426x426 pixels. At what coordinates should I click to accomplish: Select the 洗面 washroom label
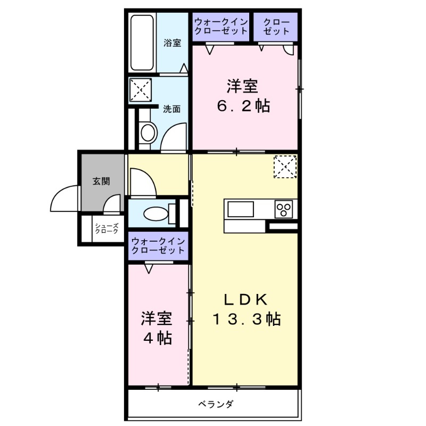point(171,109)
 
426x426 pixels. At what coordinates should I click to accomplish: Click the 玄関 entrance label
point(101,181)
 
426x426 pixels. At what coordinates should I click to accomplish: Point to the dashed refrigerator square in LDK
point(284,167)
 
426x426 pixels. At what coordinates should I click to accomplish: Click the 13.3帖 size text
point(247,319)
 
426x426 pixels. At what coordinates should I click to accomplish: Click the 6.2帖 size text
point(243,106)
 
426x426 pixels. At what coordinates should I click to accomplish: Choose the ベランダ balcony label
point(216,404)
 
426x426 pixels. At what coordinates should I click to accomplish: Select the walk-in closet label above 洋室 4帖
point(159,245)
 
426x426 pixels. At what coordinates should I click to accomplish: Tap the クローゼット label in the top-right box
point(276,27)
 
